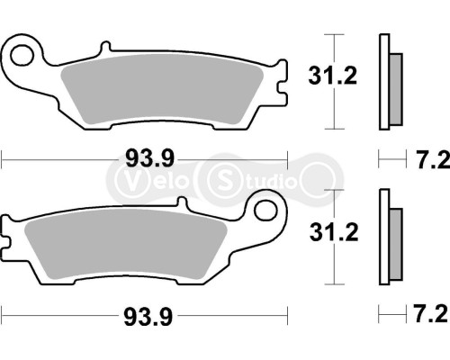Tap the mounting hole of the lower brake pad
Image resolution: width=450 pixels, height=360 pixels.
point(265,212)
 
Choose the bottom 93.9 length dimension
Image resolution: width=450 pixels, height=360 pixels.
point(144,316)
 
